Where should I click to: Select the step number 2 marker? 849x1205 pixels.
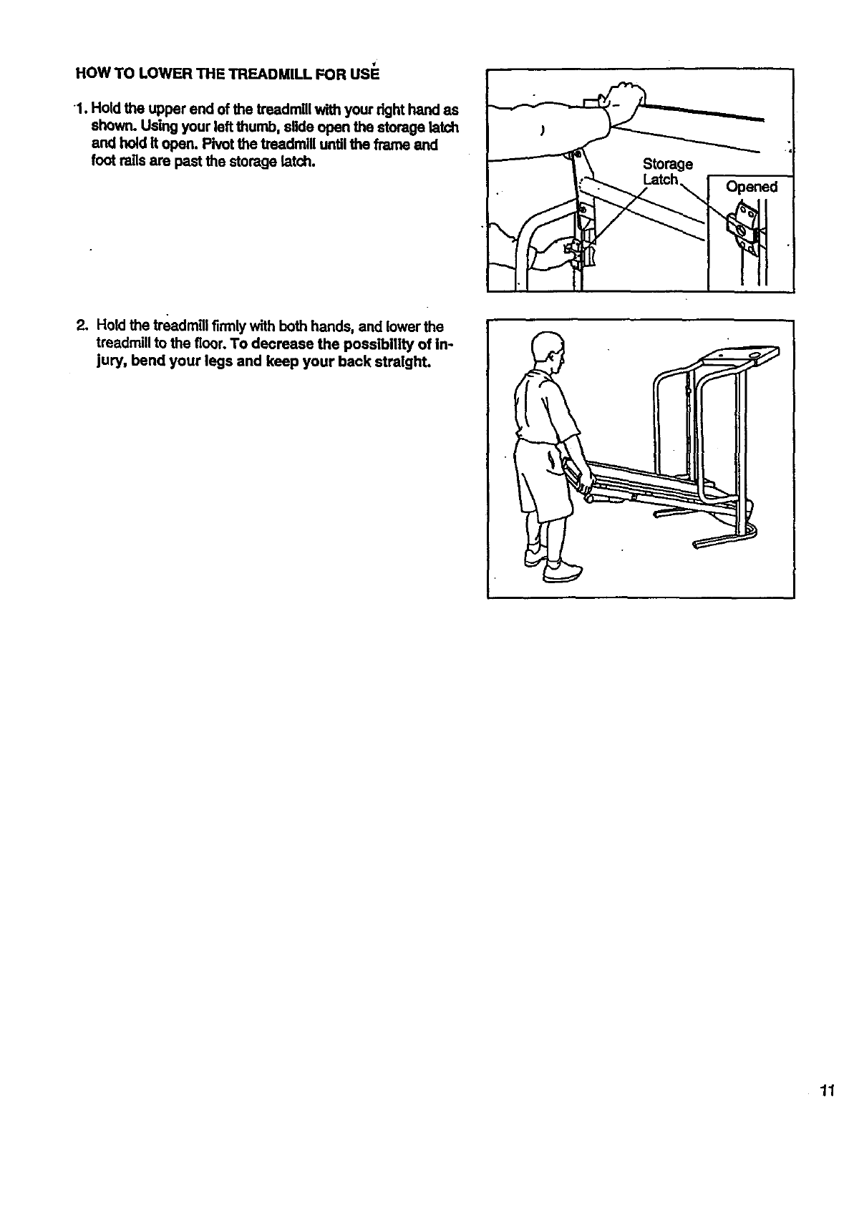(80, 328)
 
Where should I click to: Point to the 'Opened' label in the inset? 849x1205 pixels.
(751, 187)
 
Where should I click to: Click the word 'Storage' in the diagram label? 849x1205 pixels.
(668, 164)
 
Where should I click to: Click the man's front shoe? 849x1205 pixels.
(562, 572)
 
